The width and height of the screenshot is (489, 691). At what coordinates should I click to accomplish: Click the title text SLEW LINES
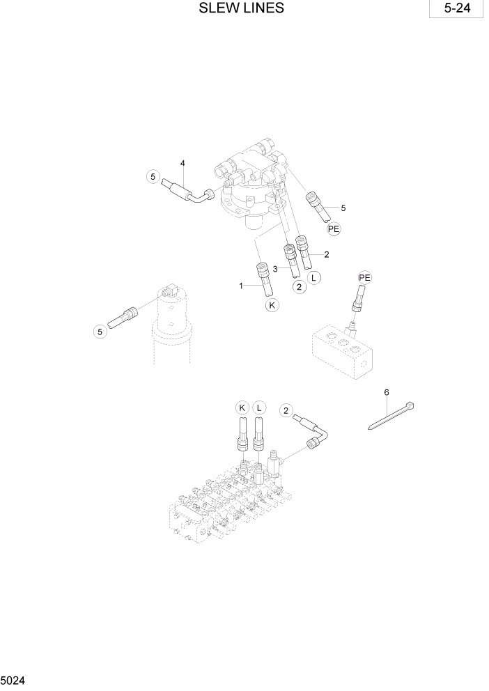point(241,9)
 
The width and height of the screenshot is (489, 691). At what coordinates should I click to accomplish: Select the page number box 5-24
point(456,10)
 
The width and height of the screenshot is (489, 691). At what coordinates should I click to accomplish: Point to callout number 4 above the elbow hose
point(183,164)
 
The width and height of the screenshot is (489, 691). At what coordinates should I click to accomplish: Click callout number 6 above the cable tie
point(387,393)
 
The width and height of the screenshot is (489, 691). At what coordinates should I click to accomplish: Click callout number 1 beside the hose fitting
point(242,286)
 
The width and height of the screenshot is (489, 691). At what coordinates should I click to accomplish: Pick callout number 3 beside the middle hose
point(275,269)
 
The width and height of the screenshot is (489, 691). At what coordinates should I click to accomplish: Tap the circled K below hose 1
point(271,305)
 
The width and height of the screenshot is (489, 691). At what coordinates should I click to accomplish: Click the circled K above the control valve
point(242,407)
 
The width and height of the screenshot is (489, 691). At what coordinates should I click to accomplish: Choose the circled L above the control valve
point(259,407)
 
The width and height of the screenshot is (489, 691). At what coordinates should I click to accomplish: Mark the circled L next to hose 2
point(315,277)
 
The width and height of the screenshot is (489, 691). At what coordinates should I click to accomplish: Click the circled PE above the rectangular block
point(365,278)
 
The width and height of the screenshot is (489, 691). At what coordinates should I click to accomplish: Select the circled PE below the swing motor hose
point(334,228)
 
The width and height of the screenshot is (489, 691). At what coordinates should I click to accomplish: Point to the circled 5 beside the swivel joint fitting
point(100,332)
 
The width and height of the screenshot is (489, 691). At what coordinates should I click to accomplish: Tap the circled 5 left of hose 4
point(153,176)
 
